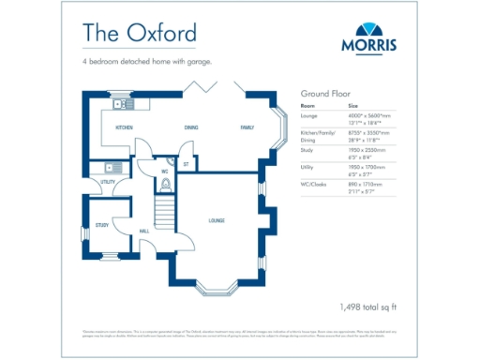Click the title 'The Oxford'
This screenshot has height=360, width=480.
139,33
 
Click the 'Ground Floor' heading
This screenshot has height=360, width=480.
325,95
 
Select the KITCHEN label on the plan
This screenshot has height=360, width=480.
124,127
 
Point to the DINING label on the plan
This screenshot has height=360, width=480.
190,127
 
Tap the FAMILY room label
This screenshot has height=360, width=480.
247,127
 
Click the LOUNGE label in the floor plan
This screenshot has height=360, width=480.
216,220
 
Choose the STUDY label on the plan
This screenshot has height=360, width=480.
102,225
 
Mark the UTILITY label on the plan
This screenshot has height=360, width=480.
108,181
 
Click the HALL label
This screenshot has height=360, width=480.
144,230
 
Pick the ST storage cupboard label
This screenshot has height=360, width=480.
187,164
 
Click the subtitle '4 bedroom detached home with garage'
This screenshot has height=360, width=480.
147,62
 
